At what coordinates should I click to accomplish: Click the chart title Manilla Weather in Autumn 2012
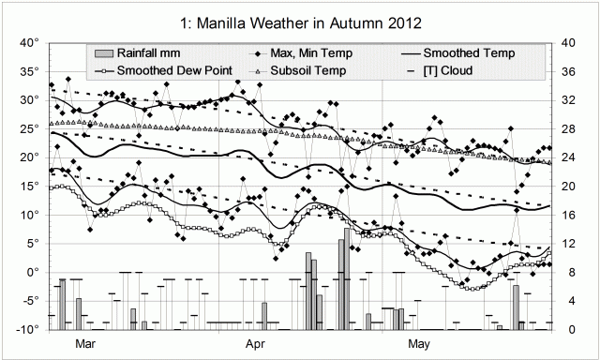pyautogui.click(x=300, y=20)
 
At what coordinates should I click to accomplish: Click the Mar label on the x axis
pyautogui.click(x=85, y=344)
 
